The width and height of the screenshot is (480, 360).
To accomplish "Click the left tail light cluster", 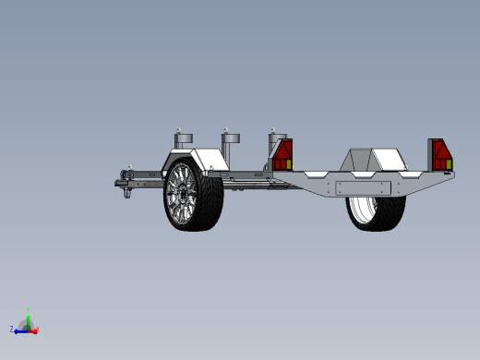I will pyautogui.click(x=282, y=154).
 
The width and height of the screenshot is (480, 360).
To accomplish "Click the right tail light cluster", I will pyautogui.click(x=441, y=155).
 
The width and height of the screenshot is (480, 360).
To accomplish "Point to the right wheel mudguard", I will pyautogui.click(x=374, y=158).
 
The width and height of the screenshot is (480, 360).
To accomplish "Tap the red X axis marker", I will pyautogui.click(x=34, y=329).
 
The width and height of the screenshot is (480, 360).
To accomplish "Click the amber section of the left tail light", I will pyautogui.click(x=287, y=164).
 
